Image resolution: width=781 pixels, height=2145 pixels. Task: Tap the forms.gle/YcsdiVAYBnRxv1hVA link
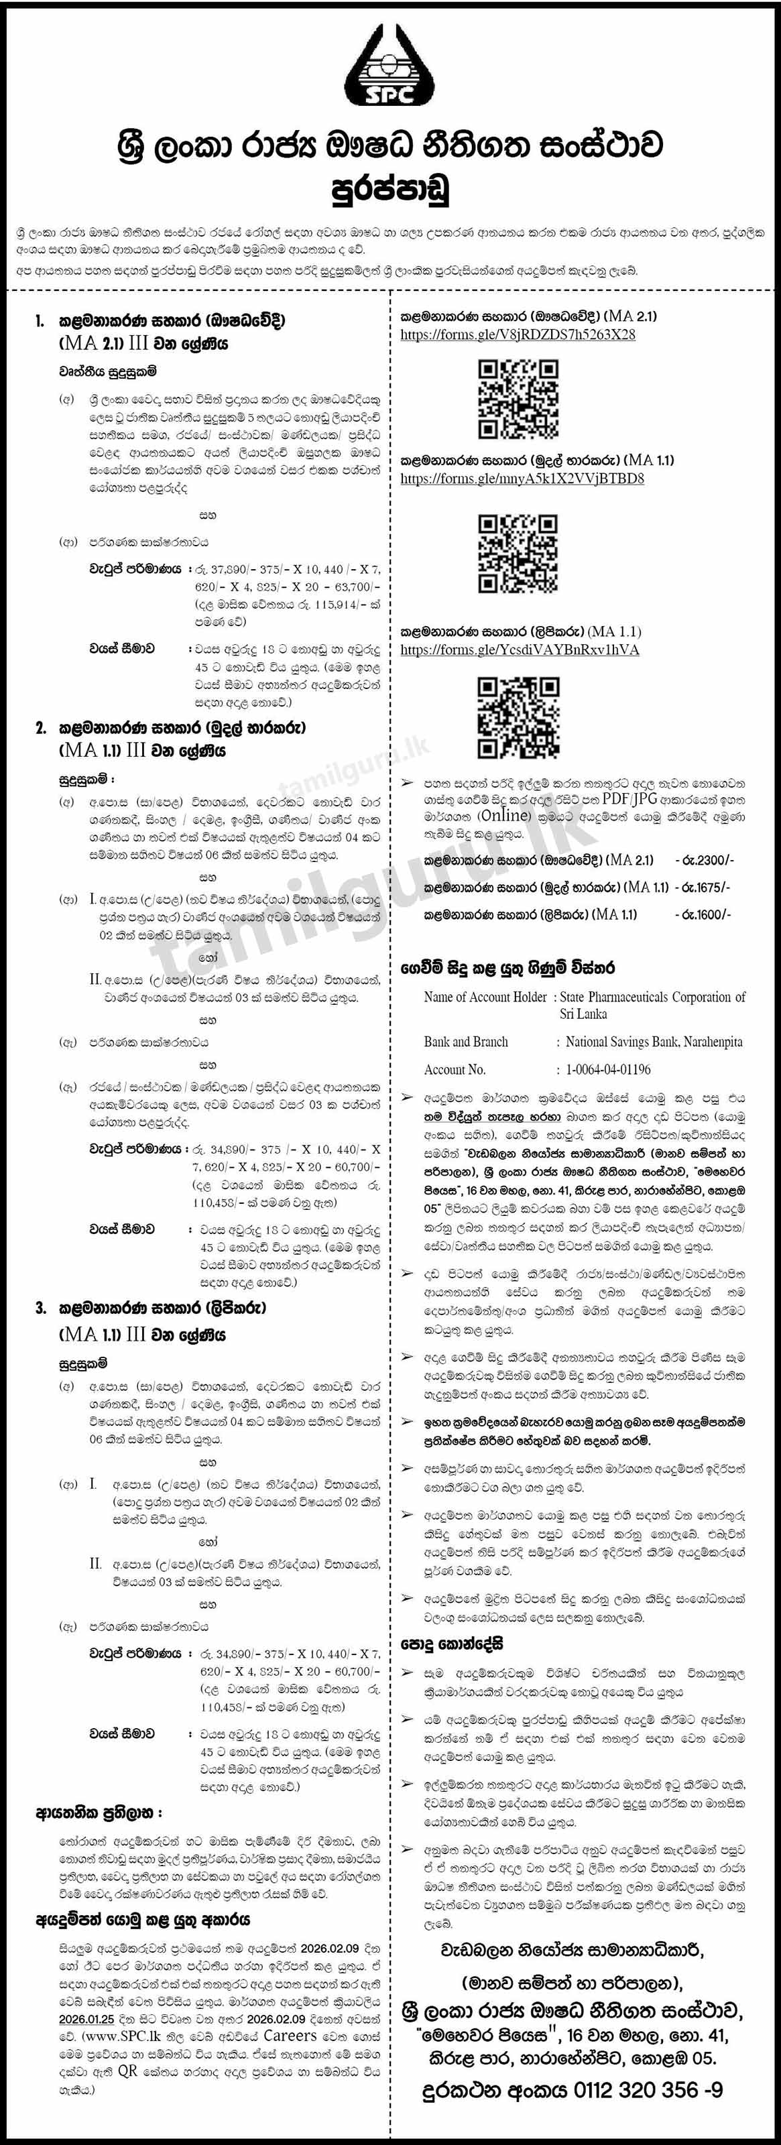coord(519,650)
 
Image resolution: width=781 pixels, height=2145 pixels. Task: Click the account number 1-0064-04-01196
coord(608,1069)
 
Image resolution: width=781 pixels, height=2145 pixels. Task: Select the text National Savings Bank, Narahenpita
coord(654,1042)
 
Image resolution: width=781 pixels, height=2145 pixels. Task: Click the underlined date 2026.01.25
coord(86,2019)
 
